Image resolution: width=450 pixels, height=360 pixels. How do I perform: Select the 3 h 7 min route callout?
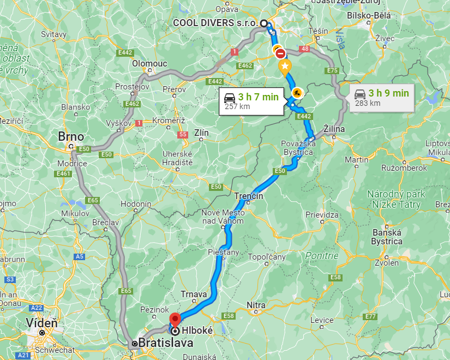(251, 101)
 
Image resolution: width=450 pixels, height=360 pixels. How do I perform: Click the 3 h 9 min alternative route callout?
(381, 97)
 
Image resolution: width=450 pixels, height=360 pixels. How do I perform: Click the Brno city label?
(71, 136)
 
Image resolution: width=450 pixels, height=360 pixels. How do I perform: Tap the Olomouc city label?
(149, 64)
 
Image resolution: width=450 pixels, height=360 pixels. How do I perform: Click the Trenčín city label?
(249, 196)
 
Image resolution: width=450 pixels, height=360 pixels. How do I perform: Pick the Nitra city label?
(256, 304)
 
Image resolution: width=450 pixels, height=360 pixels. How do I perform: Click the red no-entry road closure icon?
(280, 53)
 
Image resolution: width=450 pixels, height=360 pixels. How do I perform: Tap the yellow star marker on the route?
(284, 67)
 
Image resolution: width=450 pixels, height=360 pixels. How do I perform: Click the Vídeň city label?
(42, 323)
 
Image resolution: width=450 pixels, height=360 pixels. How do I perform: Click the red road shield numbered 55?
(183, 134)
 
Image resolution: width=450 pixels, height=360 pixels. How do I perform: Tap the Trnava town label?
(194, 295)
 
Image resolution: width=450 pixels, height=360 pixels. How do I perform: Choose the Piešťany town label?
(224, 253)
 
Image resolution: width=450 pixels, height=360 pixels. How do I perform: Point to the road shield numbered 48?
(304, 49)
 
